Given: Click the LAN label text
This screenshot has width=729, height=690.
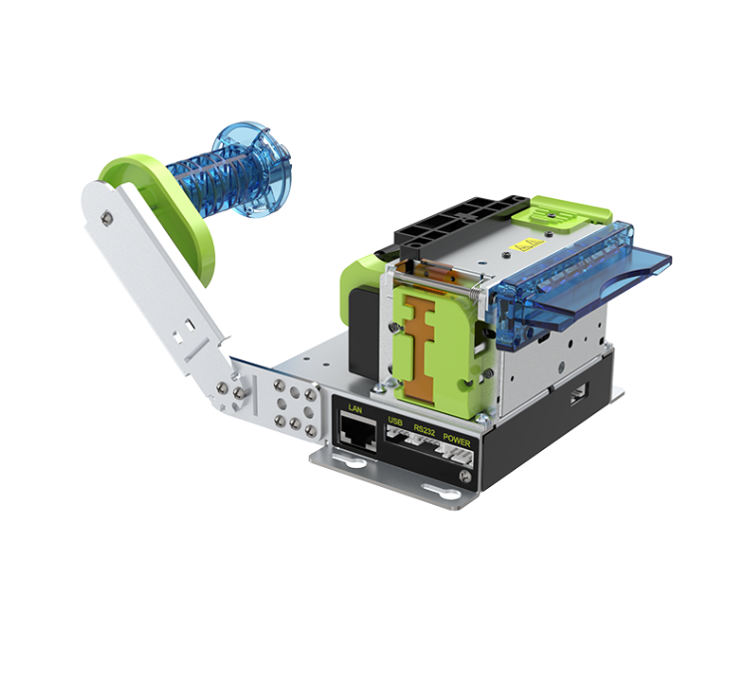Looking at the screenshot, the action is [x=355, y=409].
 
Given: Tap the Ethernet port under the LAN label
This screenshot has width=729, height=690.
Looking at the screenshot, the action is [x=358, y=432].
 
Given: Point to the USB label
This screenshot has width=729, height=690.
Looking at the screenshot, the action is [x=395, y=422].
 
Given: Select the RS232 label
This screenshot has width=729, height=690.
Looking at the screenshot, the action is [x=424, y=429].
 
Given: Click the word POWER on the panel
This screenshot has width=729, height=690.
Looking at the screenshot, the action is [x=456, y=440].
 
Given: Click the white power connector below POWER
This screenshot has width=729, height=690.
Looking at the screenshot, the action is [x=458, y=455].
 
